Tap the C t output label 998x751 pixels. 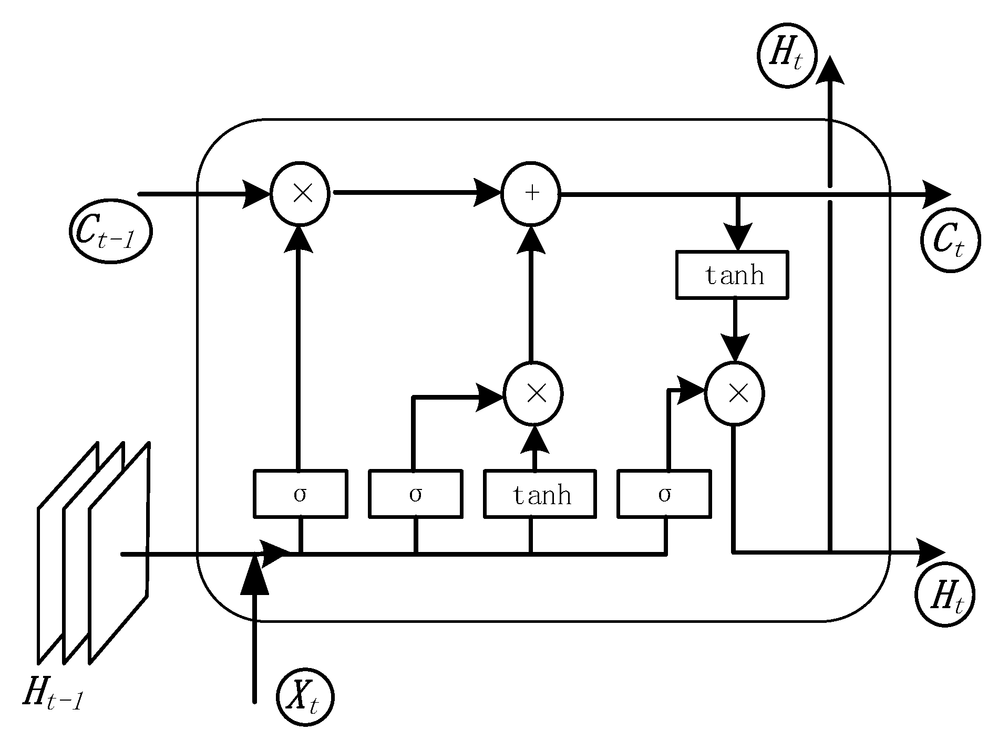[x=950, y=241]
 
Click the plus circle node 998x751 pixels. [x=531, y=193]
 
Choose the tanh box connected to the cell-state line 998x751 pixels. [x=732, y=275]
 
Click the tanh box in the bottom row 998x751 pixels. [x=540, y=494]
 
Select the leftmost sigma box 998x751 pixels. [x=300, y=494]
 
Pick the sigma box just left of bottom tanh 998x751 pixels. [x=416, y=494]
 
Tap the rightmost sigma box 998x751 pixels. [x=664, y=494]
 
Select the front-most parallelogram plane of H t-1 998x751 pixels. [x=119, y=551]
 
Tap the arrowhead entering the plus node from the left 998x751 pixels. [x=488, y=193]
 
